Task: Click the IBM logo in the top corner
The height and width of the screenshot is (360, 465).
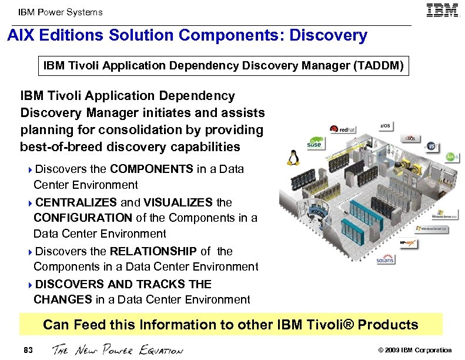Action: coord(442,11)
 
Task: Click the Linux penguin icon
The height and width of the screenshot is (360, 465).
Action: coord(291,157)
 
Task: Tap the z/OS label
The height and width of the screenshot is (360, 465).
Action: coord(386,126)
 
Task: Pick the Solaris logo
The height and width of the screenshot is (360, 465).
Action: coord(386,259)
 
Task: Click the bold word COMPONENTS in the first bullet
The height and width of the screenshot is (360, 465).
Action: coord(152,169)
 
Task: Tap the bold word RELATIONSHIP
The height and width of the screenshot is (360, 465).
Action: coord(154,251)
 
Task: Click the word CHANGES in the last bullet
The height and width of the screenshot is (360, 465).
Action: coord(63,299)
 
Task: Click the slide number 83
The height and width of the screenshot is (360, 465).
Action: coord(28,350)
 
